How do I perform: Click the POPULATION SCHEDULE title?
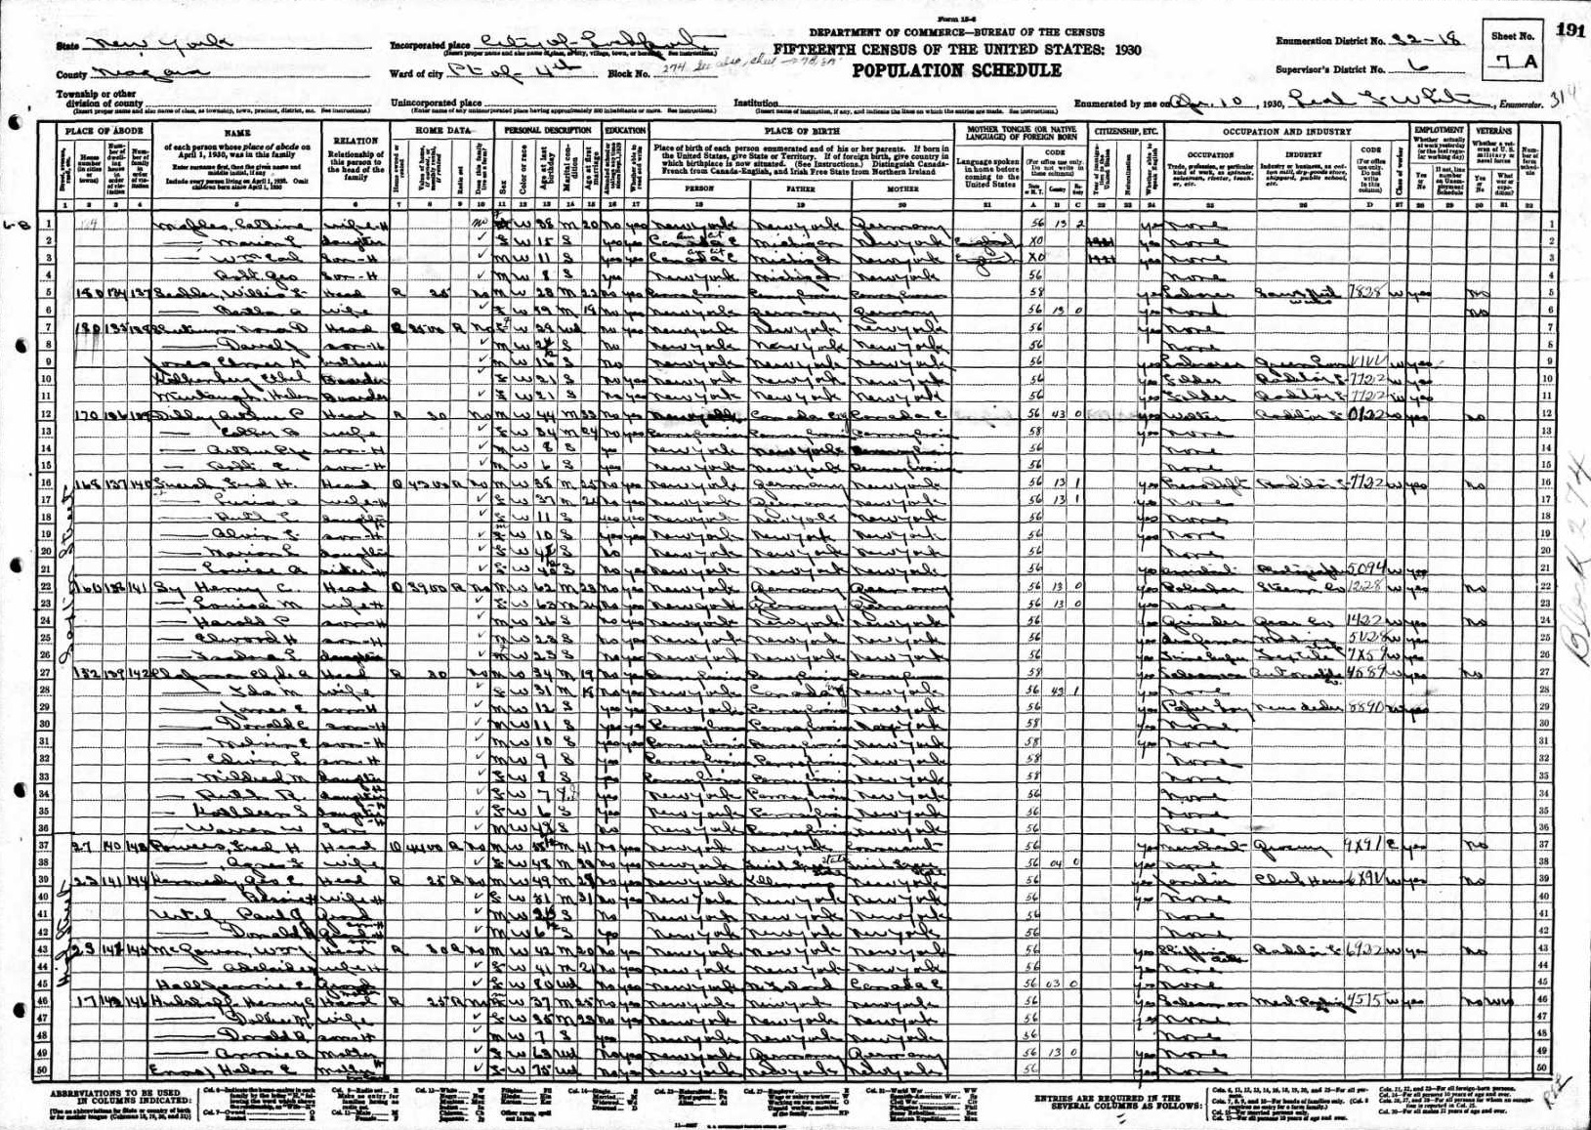click(956, 70)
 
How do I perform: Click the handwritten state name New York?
click(156, 44)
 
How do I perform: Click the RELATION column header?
click(355, 140)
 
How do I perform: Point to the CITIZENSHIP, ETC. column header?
click(1125, 130)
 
